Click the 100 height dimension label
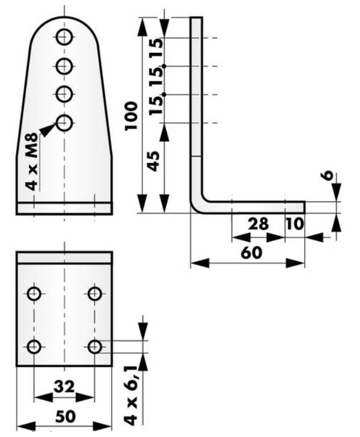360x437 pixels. (x=132, y=116)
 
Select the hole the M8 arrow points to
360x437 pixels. (x=64, y=122)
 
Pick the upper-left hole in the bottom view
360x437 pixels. (x=34, y=294)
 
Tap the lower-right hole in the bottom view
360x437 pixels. (x=95, y=346)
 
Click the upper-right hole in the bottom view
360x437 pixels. (x=95, y=294)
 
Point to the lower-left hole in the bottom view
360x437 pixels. (x=34, y=346)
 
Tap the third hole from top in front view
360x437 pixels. (x=64, y=93)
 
